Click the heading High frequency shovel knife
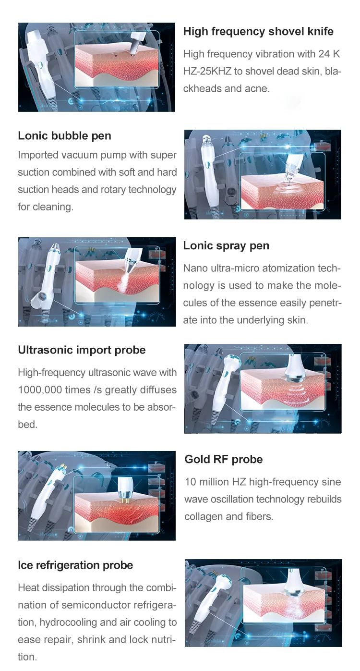[x=258, y=32]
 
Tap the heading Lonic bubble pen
[x=64, y=136]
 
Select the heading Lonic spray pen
[x=226, y=246]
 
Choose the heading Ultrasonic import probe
[x=82, y=350]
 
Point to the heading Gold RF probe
[x=224, y=460]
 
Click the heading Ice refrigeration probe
[x=75, y=565]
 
